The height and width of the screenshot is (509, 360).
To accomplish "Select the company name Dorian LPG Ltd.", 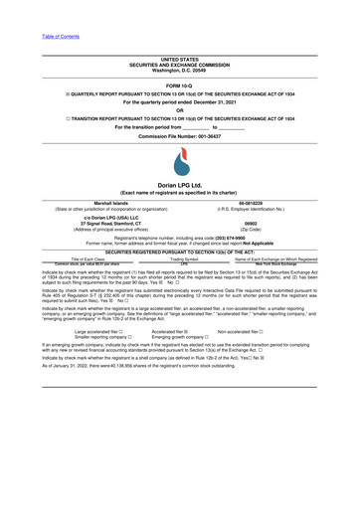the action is click(x=179, y=185).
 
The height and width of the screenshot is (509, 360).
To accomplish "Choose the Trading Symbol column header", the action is click(x=179, y=258).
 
